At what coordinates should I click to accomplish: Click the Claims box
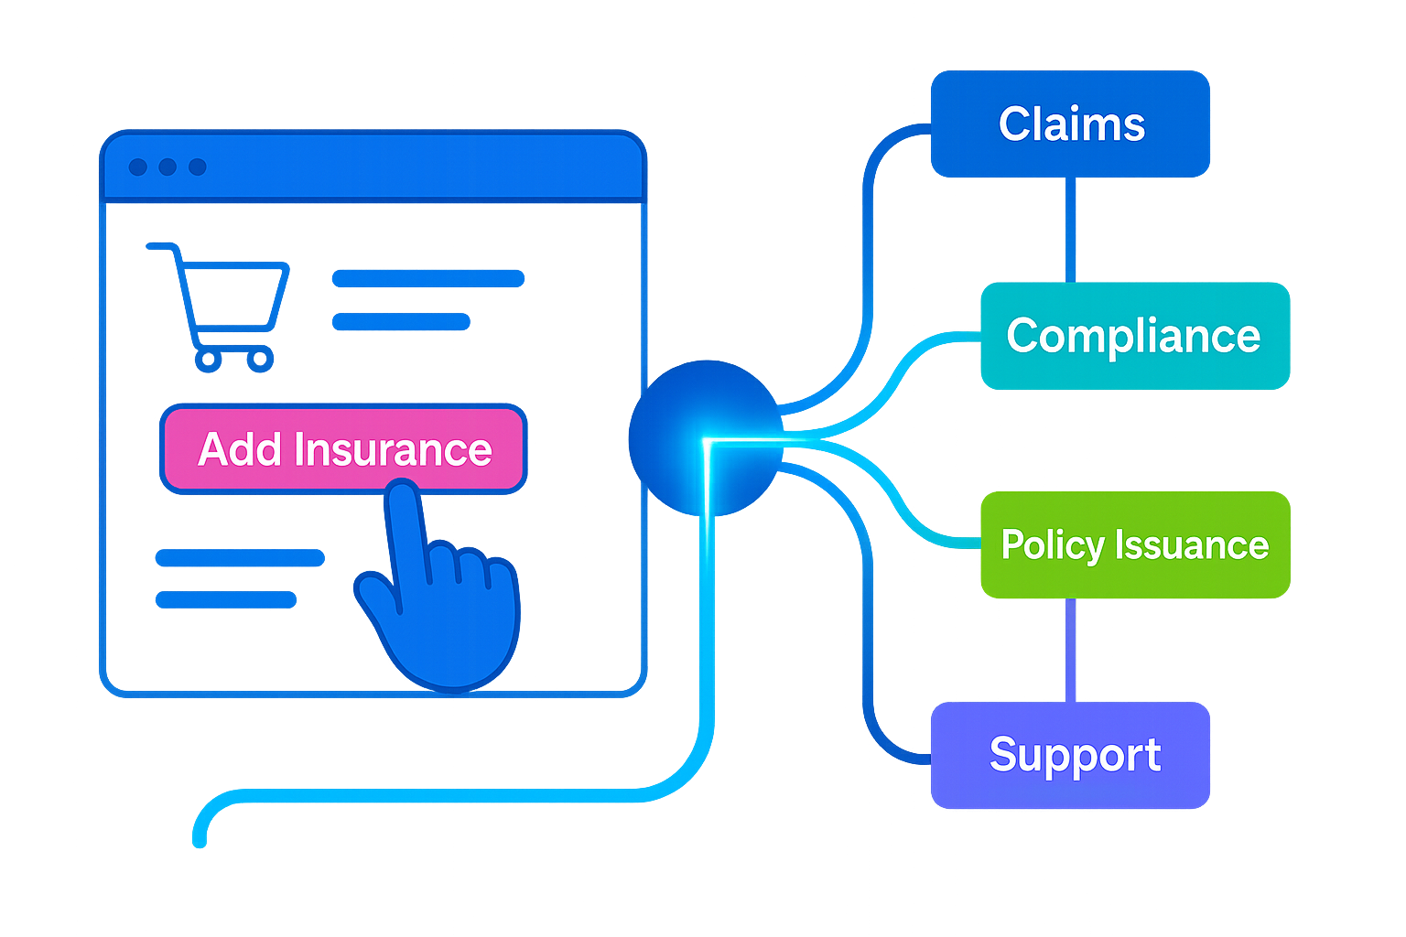1070,124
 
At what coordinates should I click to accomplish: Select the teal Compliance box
1134,336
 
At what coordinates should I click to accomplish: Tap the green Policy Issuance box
1135,544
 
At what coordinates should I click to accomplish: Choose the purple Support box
1070,756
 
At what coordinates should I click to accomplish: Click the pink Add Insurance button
343,449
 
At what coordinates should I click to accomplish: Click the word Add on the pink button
240,449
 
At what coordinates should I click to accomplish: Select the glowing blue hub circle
705,437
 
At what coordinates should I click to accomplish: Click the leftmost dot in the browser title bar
138,167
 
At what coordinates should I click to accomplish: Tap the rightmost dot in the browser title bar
198,167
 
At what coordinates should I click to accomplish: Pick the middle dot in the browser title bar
168,167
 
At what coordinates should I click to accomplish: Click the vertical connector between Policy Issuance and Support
1070,650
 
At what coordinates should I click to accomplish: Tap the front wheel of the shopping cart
261,359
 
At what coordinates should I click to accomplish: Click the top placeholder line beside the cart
428,277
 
